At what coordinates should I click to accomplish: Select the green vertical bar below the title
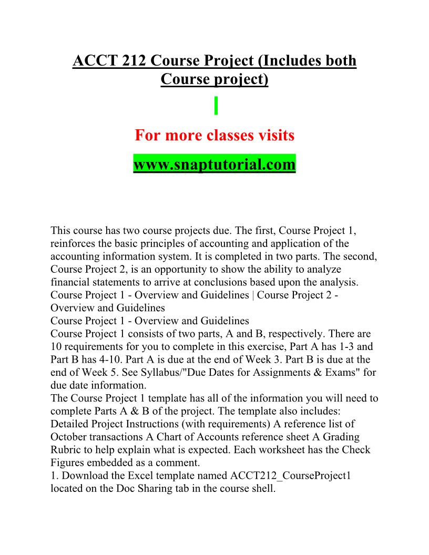[x=216, y=106]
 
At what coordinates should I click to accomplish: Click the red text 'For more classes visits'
[x=214, y=136]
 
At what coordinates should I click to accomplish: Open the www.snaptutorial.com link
[x=214, y=165]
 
